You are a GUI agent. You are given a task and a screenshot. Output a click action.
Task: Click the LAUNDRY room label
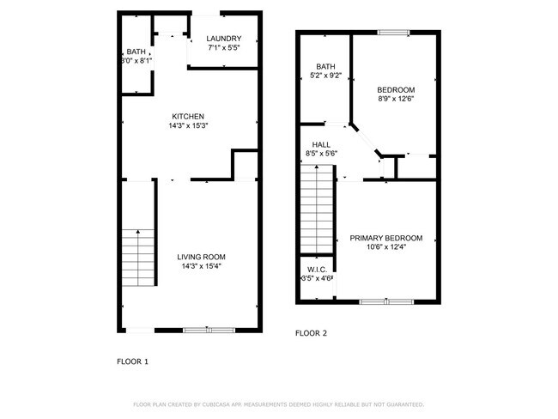(x=224, y=39)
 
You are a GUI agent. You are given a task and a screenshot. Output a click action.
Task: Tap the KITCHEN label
(x=189, y=117)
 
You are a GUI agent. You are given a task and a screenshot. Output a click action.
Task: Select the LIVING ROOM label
(x=202, y=257)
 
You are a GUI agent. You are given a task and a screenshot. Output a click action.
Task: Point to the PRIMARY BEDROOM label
(x=386, y=238)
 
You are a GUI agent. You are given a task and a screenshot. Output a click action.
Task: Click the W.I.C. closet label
(x=316, y=269)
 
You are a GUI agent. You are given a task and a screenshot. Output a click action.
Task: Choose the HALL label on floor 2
(x=322, y=145)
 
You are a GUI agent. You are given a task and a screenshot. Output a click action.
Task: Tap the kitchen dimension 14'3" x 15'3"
(x=189, y=126)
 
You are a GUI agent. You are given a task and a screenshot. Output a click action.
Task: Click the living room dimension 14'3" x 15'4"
(x=202, y=266)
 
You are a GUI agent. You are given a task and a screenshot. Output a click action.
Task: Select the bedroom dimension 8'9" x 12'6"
(x=396, y=100)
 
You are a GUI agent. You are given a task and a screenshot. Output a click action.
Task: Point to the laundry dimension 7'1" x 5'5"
(x=224, y=48)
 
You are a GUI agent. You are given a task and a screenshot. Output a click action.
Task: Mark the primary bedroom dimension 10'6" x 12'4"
(x=386, y=247)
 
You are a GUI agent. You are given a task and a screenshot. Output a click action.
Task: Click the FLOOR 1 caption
(x=132, y=361)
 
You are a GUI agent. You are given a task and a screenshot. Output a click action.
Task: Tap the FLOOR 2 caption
(x=311, y=333)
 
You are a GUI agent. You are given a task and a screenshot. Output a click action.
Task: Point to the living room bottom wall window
(x=209, y=330)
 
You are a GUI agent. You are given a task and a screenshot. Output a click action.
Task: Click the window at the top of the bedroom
(x=393, y=33)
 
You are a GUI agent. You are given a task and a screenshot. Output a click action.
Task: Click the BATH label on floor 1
(x=136, y=52)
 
